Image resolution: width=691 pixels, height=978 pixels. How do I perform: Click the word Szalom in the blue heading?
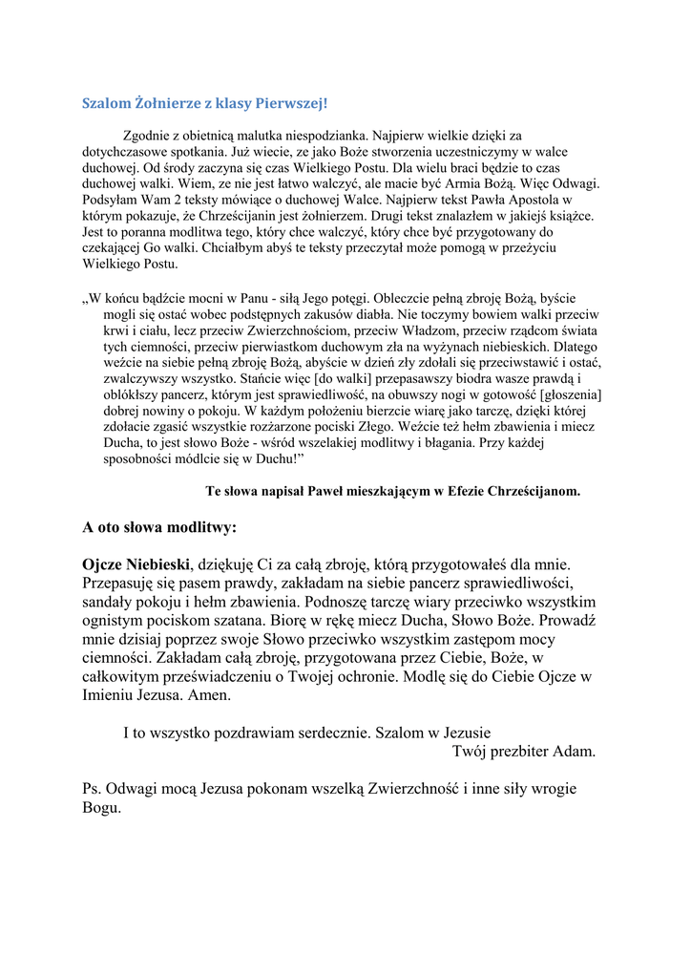coord(104,102)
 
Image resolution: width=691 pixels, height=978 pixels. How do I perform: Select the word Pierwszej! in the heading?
coord(291,102)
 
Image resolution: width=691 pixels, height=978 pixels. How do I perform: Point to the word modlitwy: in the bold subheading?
coord(199,526)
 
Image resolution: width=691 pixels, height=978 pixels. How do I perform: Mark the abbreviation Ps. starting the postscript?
coord(93,789)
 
